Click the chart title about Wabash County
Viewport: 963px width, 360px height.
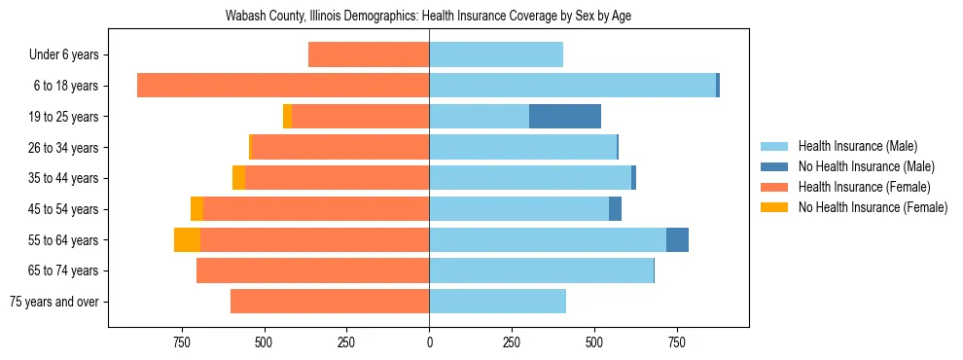pos(428,17)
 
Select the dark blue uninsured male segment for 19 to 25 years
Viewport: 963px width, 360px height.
pos(565,117)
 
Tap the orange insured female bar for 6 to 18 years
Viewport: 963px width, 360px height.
pos(283,86)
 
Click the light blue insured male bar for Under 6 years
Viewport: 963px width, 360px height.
pos(496,54)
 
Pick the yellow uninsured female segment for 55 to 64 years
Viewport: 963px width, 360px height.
pos(187,240)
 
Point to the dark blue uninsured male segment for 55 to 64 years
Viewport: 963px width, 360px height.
pos(677,240)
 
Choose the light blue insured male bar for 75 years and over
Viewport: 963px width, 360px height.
pos(497,302)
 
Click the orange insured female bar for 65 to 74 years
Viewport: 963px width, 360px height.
pos(312,270)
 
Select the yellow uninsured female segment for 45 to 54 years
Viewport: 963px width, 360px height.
pos(197,209)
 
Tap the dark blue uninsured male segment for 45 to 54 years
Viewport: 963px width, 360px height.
pos(615,209)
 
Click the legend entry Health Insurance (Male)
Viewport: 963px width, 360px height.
pos(857,147)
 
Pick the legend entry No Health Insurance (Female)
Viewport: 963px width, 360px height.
pos(872,207)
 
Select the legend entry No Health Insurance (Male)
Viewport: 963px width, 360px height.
pos(865,167)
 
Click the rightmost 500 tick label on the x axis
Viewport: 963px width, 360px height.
pos(594,342)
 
